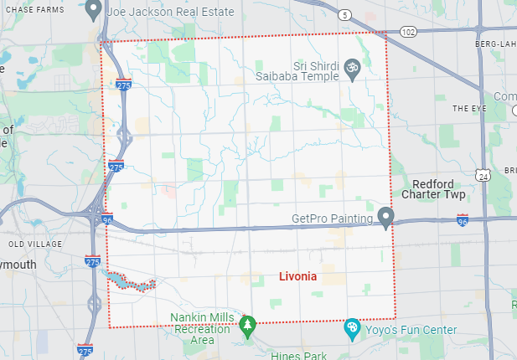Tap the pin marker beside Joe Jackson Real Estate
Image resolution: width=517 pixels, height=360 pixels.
(x=94, y=10)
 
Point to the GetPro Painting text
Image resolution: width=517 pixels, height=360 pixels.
(x=332, y=219)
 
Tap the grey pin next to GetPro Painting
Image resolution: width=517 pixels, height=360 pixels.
(x=385, y=218)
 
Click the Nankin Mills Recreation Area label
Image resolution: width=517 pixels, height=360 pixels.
(x=203, y=329)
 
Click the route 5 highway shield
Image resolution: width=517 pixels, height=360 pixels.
(x=344, y=15)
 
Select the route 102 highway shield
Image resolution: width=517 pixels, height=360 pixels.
(x=408, y=32)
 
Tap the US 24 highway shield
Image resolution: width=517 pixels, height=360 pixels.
(x=482, y=174)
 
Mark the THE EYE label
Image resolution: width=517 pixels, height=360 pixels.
(x=468, y=109)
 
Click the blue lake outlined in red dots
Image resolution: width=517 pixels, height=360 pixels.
(x=127, y=283)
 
